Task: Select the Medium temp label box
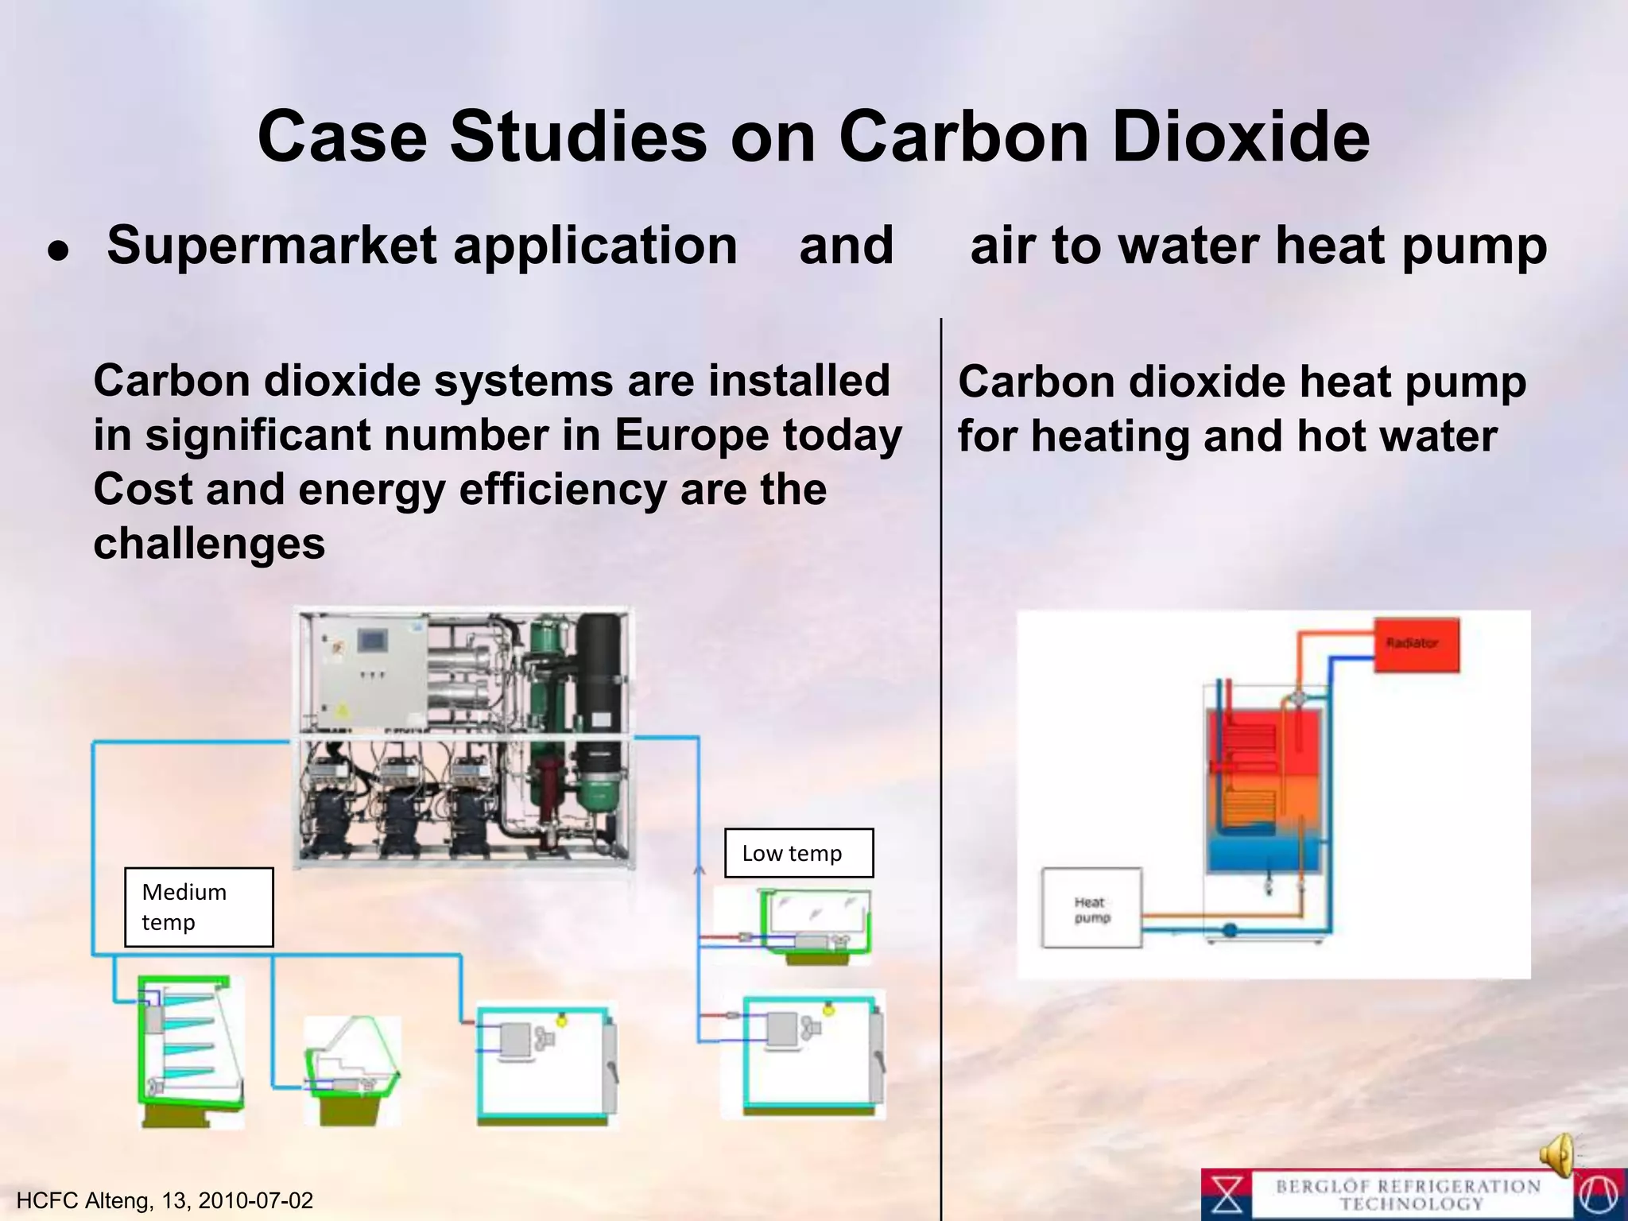[199, 907]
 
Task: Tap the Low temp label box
[798, 853]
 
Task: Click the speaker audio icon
[1558, 1154]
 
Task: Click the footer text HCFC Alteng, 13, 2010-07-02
[165, 1200]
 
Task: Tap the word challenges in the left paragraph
[209, 544]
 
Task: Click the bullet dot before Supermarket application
[58, 250]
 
